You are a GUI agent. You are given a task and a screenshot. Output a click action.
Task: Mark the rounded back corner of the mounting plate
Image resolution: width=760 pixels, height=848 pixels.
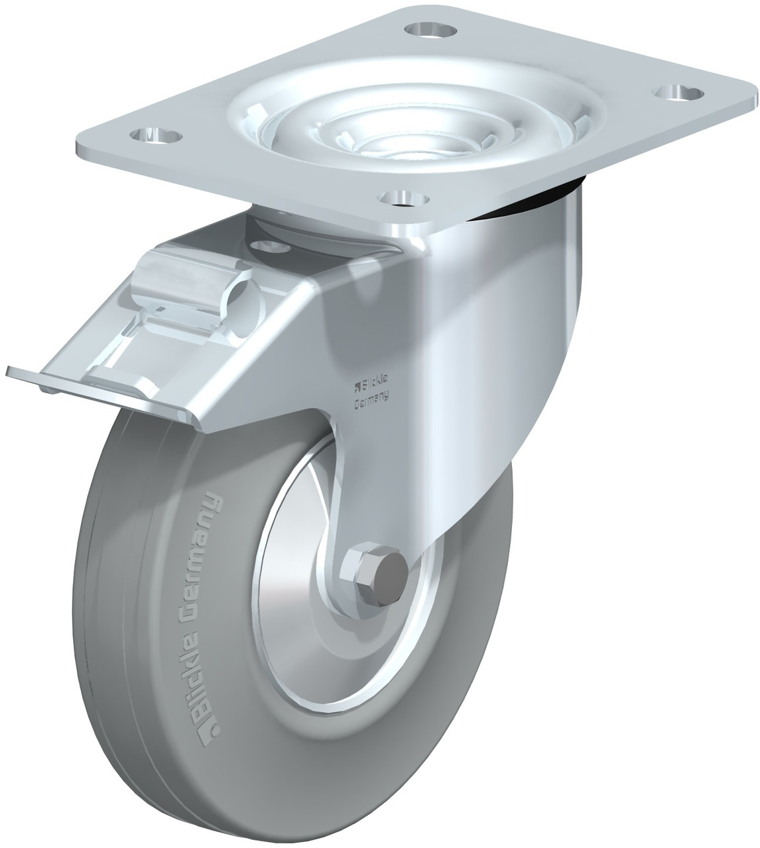(x=749, y=99)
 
